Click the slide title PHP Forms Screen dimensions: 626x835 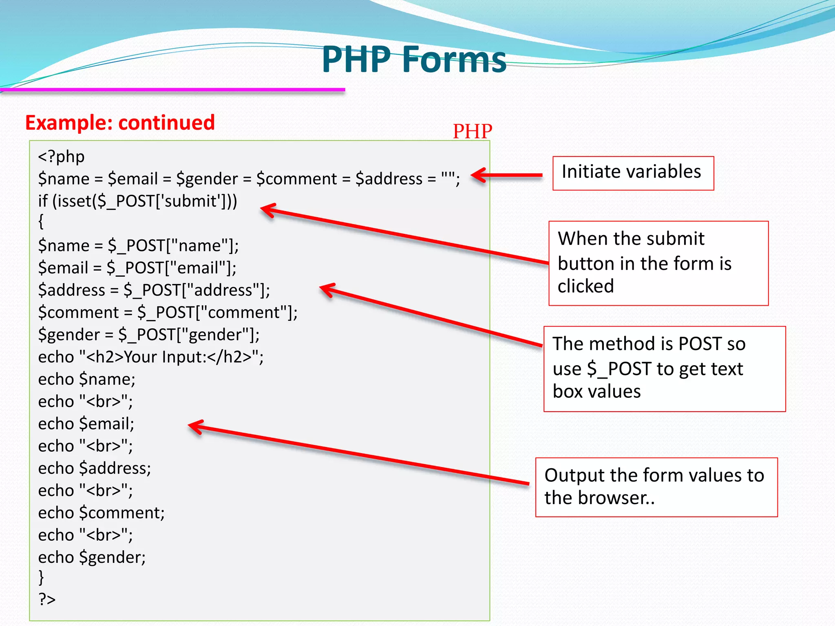click(413, 60)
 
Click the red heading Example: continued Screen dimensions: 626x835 click(120, 123)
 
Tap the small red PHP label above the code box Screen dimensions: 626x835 click(472, 131)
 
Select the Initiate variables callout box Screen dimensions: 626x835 click(633, 173)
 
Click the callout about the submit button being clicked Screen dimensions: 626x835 click(658, 263)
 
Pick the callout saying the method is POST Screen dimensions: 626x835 click(664, 368)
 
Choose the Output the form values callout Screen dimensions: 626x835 click(656, 487)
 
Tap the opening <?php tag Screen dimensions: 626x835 click(61, 157)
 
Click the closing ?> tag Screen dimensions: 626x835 click(47, 600)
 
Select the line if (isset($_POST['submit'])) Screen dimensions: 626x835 click(137, 201)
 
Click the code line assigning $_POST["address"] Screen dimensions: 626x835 click(154, 290)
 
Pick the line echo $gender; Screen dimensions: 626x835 click(92, 557)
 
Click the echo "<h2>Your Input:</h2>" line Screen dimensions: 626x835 click(150, 357)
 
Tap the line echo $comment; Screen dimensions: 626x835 click(101, 513)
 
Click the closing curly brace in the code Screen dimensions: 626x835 click(41, 577)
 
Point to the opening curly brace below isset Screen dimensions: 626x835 click(41, 222)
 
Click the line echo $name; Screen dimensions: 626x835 click(86, 379)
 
